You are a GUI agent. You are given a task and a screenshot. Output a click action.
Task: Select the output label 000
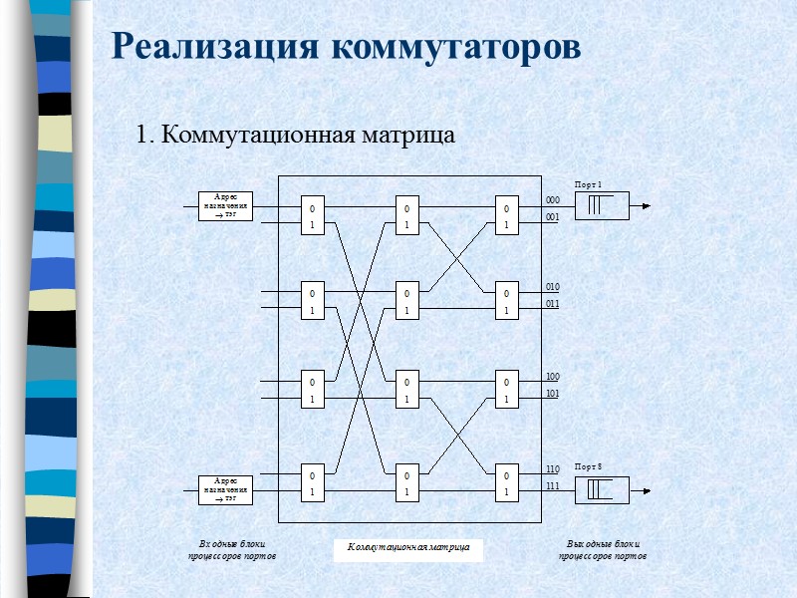(553, 200)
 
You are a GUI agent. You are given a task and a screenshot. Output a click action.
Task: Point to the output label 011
(553, 303)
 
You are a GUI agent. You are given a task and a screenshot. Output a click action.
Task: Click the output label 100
(553, 377)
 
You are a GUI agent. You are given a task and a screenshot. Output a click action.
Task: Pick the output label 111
(553, 485)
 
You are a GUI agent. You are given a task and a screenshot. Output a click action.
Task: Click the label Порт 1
(588, 185)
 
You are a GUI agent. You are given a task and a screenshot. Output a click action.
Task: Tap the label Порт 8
(588, 466)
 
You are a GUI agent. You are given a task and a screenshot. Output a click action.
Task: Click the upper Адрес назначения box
(225, 205)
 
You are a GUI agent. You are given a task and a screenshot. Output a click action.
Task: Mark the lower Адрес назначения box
(225, 489)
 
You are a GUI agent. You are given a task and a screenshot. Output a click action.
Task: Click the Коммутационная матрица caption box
(407, 547)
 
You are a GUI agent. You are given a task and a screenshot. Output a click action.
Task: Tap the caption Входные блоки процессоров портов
(231, 549)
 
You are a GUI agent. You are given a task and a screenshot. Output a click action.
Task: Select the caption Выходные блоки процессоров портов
(603, 549)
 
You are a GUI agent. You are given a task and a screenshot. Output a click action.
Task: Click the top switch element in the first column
(312, 216)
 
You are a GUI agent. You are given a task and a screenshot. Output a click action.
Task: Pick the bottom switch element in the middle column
(406, 481)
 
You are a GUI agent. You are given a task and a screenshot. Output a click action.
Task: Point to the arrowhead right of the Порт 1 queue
(646, 206)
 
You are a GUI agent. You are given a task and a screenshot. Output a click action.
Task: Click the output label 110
(553, 468)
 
